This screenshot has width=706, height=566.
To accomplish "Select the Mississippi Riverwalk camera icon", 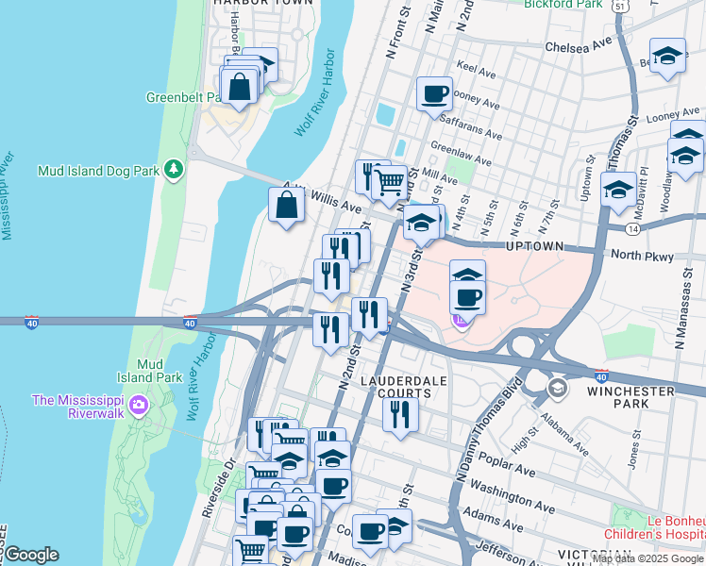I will tap(140, 406).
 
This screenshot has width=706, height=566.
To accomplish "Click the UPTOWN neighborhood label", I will tap(535, 246).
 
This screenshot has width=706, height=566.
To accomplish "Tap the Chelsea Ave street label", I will tap(580, 45).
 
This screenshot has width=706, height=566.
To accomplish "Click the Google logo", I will tap(31, 555).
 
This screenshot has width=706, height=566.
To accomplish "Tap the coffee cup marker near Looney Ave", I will tap(434, 93).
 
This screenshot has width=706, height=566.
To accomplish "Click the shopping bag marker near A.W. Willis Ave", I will tap(287, 204).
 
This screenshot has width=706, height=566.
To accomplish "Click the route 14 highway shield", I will tap(631, 227).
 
